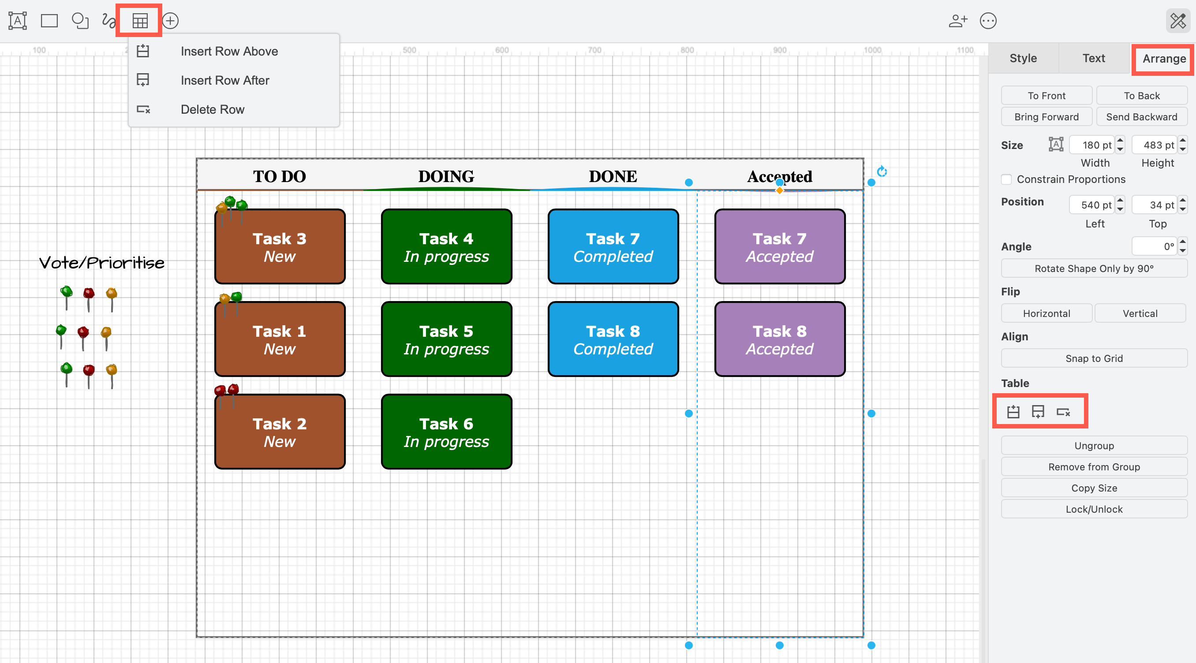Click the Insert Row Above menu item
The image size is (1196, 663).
tap(229, 51)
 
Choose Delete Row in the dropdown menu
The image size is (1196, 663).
tap(212, 109)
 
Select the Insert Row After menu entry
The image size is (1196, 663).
tap(225, 80)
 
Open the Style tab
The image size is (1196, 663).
tap(1023, 58)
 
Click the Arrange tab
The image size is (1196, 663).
tap(1163, 59)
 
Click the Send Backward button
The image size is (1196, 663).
tap(1141, 117)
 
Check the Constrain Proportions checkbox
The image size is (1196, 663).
tap(1006, 179)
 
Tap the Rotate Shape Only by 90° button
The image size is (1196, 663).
tap(1093, 268)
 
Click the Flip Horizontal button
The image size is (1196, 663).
tap(1046, 313)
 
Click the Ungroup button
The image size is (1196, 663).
tap(1093, 446)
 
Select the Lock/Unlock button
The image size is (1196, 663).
tap(1093, 510)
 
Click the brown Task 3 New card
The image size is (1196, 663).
tap(280, 247)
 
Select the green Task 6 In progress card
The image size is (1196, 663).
tap(446, 432)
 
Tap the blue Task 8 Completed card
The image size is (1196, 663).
tap(613, 339)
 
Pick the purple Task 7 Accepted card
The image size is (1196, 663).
tap(780, 247)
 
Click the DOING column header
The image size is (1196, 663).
tap(446, 176)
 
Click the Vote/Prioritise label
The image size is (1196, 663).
tap(102, 263)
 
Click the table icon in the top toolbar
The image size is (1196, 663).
tap(140, 21)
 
